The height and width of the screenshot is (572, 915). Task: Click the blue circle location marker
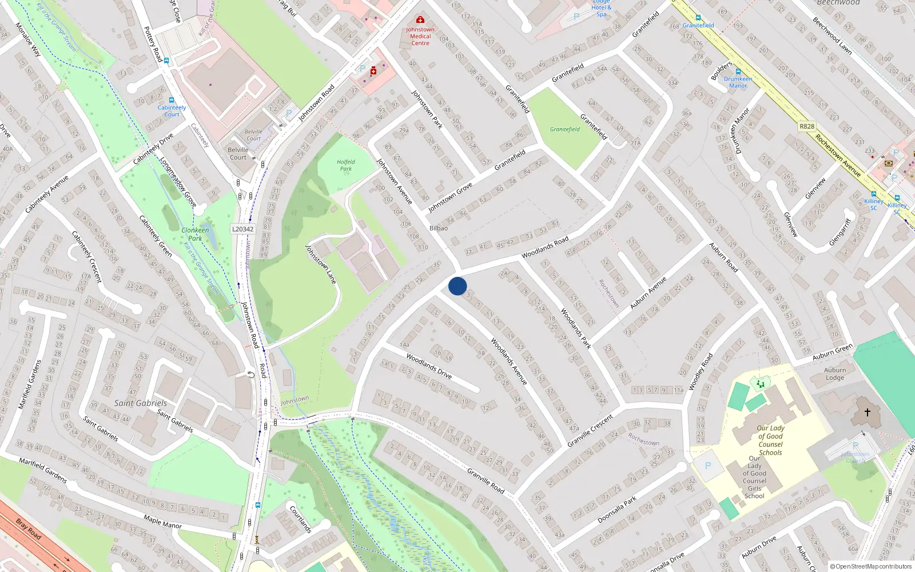(x=457, y=286)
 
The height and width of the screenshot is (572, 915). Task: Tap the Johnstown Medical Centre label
(x=420, y=36)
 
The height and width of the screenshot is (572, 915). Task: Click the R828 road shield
(x=807, y=126)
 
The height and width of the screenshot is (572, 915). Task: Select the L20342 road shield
(x=242, y=229)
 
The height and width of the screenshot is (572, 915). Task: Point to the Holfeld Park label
(x=346, y=165)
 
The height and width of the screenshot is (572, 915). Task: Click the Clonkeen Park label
(x=195, y=234)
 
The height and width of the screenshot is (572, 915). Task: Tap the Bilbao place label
(x=439, y=228)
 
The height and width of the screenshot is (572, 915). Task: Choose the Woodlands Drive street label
(x=429, y=366)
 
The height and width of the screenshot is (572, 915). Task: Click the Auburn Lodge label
(x=835, y=374)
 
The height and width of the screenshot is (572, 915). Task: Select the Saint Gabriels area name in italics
(x=141, y=403)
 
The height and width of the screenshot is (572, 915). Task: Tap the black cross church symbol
(x=868, y=412)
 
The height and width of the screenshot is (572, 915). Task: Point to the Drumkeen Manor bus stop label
(x=738, y=82)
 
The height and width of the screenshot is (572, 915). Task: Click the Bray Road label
(x=29, y=529)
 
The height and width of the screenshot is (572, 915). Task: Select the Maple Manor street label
(x=162, y=521)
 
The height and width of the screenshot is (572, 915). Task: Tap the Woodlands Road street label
(x=545, y=247)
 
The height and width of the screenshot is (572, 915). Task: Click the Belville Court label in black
(x=238, y=153)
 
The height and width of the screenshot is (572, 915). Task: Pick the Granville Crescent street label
(x=590, y=431)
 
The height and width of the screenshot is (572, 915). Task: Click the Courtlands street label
(x=300, y=519)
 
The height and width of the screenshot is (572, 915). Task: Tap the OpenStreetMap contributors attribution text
(x=871, y=566)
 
